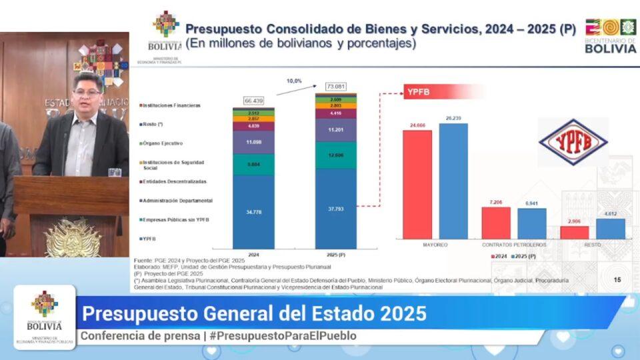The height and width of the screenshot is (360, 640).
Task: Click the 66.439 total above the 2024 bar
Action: coord(253,101)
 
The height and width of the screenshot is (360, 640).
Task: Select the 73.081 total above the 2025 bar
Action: coord(336,87)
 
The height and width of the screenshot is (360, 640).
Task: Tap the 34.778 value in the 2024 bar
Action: coord(253,211)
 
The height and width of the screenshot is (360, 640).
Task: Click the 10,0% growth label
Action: coord(294,81)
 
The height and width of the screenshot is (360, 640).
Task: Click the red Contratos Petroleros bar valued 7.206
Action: coord(496,222)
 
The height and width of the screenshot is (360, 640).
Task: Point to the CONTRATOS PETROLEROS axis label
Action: coord(514,245)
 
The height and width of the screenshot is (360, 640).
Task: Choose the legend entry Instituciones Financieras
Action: coord(171,105)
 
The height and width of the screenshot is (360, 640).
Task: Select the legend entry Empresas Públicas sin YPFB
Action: coord(174,219)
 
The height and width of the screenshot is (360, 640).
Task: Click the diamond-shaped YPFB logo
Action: coord(573,142)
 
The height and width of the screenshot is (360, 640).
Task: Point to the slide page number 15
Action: coord(617,280)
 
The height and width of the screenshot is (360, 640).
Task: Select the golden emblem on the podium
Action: coord(72,238)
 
